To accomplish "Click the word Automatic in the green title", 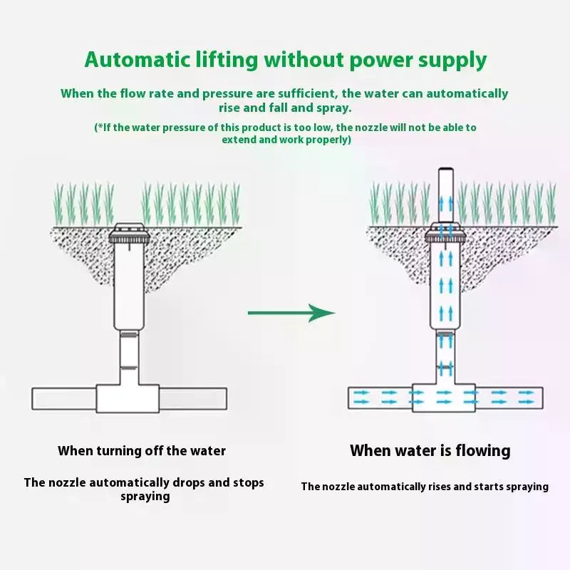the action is click(x=137, y=60).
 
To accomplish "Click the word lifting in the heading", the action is click(x=227, y=60).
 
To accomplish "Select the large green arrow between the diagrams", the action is click(x=291, y=313).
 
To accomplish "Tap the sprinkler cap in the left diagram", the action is click(x=129, y=234).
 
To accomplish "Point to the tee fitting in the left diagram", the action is click(x=128, y=398).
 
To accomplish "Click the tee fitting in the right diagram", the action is click(x=444, y=398).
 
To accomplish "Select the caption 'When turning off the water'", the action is click(x=142, y=451).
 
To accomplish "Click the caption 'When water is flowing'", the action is click(x=430, y=451).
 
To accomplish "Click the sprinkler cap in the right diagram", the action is click(x=446, y=234).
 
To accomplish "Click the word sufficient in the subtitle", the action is click(x=309, y=93).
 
